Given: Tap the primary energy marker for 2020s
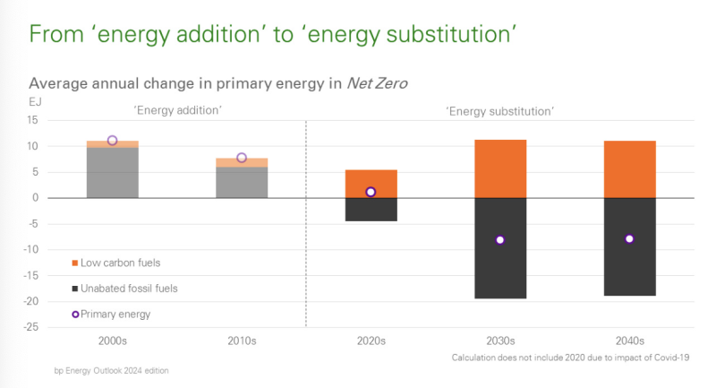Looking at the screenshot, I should (x=371, y=192).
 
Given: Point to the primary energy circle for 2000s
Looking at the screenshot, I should (x=112, y=141).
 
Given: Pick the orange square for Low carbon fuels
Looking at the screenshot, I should (x=74, y=263).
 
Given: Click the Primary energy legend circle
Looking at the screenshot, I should (x=74, y=315).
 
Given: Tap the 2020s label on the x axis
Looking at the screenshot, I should (x=371, y=341).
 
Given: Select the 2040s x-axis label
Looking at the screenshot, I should (x=629, y=341).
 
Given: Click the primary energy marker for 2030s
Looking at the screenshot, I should (x=499, y=240).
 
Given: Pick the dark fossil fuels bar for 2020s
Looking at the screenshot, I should (x=371, y=210).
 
